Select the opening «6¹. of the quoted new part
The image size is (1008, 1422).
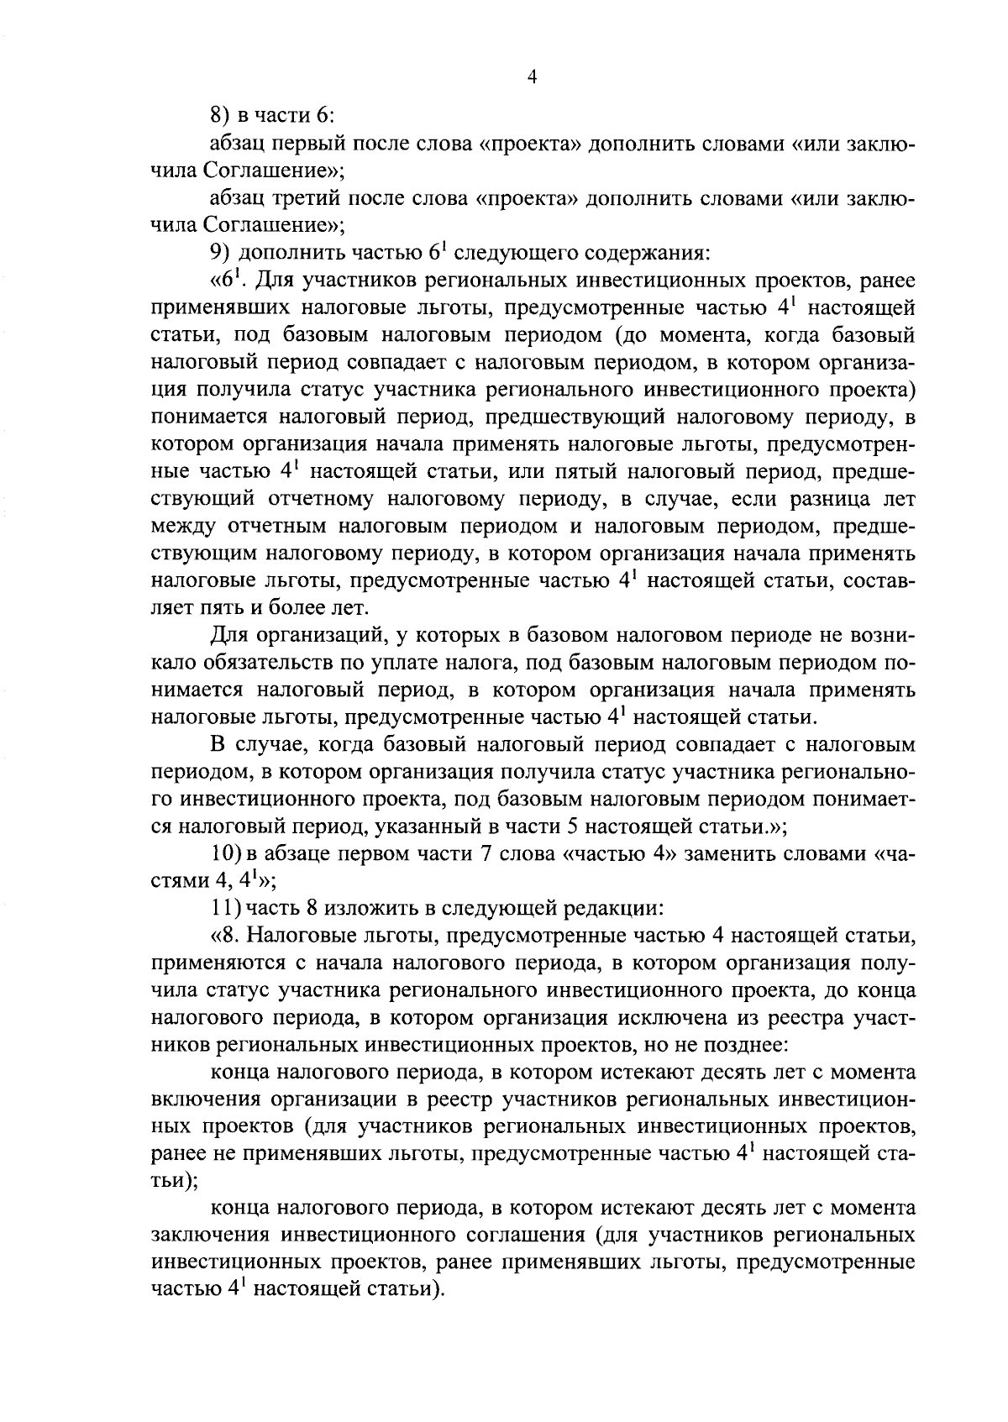pyautogui.click(x=231, y=280)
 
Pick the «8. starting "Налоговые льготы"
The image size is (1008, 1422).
pyautogui.click(x=227, y=936)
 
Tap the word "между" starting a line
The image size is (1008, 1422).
pyautogui.click(x=179, y=527)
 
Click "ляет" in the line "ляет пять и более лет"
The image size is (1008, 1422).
pyautogui.click(x=172, y=607)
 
